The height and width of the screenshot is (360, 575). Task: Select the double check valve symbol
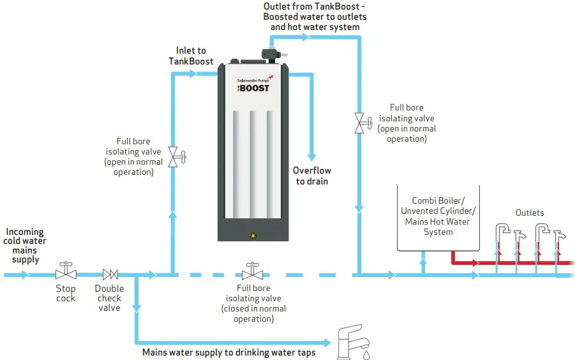110,274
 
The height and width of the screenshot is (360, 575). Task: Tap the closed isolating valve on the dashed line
253,272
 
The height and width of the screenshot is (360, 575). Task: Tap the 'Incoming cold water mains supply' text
25,246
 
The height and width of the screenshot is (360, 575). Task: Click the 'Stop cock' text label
66,294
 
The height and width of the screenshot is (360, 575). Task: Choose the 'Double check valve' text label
109,298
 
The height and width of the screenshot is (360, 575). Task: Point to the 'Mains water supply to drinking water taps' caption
228,352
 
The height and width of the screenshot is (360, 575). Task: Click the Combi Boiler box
438,216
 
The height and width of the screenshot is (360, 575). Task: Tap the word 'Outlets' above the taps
530,213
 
